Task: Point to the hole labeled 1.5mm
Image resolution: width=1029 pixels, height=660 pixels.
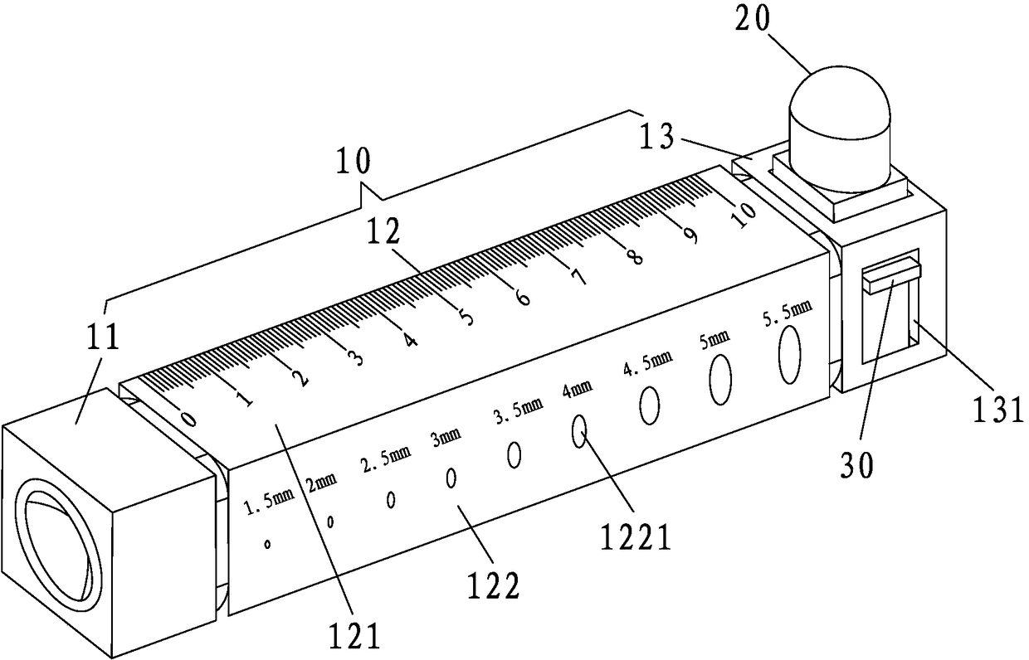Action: click(267, 545)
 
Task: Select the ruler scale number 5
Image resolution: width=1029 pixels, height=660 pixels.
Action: click(467, 316)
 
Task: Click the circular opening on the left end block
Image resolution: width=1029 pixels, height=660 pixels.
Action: click(59, 542)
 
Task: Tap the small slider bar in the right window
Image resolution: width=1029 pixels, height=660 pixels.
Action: click(891, 275)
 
